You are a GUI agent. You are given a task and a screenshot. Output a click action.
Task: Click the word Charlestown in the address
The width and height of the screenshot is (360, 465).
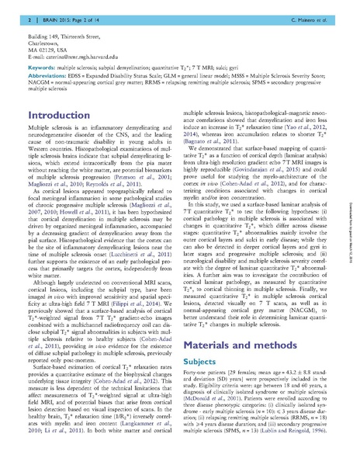coord(42,43)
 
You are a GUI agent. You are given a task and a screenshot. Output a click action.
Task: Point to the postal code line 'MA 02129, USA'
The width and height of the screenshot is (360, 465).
coord(47,50)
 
